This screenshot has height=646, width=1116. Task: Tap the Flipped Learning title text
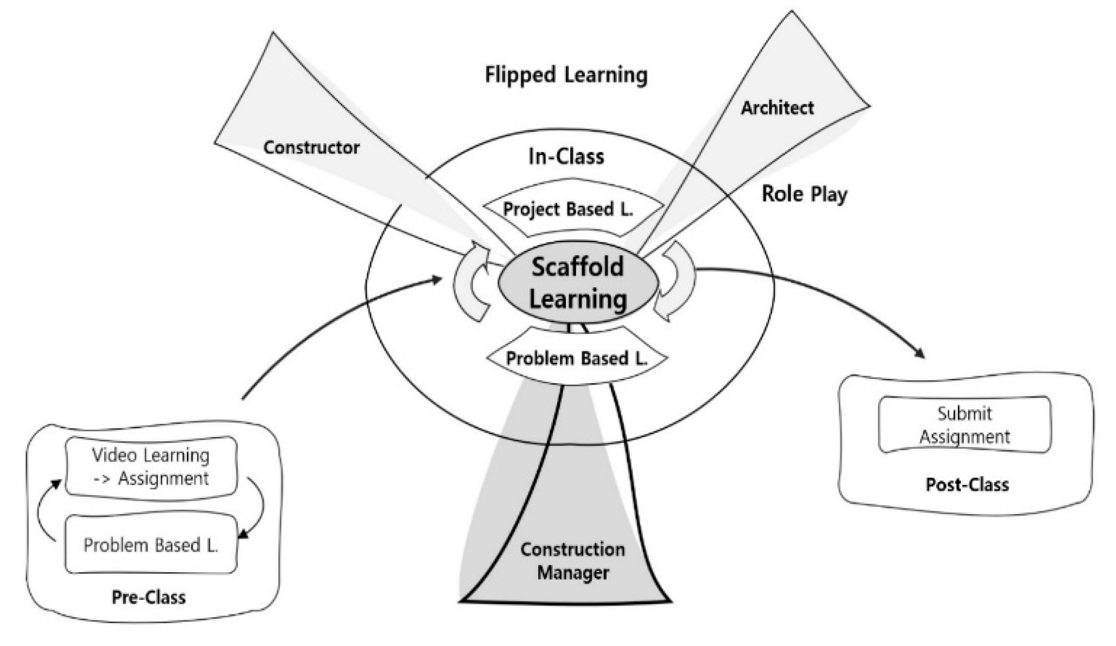[566, 75]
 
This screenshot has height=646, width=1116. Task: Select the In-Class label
[566, 157]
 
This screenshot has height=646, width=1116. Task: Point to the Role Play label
[804, 194]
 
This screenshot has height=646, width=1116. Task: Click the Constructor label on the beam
[311, 147]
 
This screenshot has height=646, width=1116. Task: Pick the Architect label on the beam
[777, 107]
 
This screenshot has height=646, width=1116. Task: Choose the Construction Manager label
[572, 561]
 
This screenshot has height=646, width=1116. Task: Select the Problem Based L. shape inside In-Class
[576, 359]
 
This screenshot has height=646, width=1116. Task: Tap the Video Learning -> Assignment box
[151, 466]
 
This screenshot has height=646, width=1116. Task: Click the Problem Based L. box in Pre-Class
[151, 544]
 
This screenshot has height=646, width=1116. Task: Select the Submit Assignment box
[964, 425]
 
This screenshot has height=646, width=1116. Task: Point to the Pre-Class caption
[148, 597]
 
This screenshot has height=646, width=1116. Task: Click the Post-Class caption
[967, 484]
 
